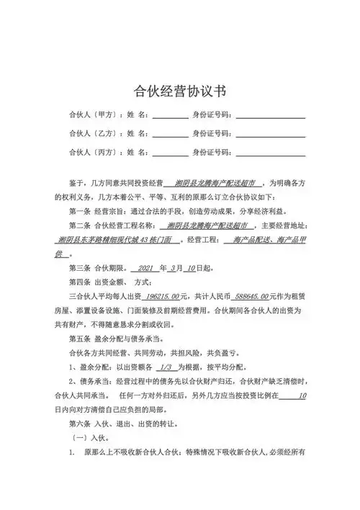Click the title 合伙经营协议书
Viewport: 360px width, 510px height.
(x=180, y=91)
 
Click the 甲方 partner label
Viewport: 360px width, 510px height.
(x=96, y=115)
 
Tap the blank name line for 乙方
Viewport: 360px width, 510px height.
(x=170, y=134)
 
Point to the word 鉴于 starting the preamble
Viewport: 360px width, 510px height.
(x=76, y=183)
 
